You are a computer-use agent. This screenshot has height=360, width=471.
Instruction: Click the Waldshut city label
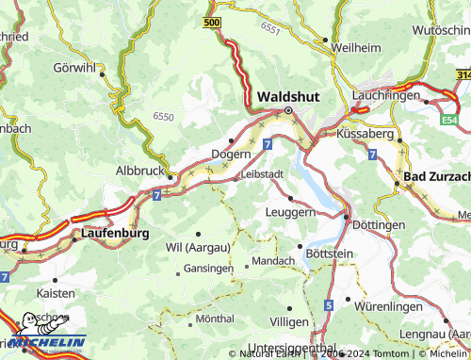tap(288, 96)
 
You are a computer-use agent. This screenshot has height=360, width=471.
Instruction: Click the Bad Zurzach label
tap(436, 177)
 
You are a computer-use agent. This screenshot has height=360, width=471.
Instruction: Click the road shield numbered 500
tap(212, 21)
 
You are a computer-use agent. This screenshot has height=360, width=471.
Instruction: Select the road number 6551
tap(271, 30)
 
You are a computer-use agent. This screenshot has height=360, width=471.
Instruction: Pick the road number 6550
tap(163, 115)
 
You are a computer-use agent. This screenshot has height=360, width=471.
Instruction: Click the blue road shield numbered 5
tap(328, 305)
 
